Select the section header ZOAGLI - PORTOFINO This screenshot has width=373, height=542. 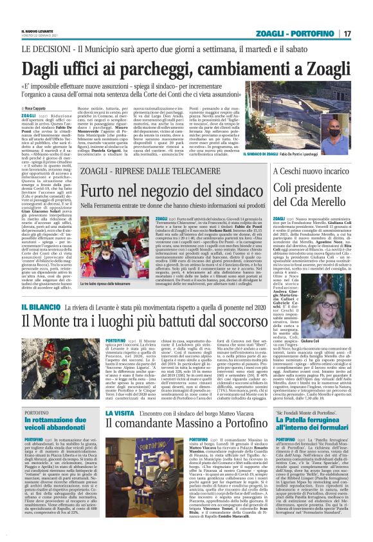(302, 34)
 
